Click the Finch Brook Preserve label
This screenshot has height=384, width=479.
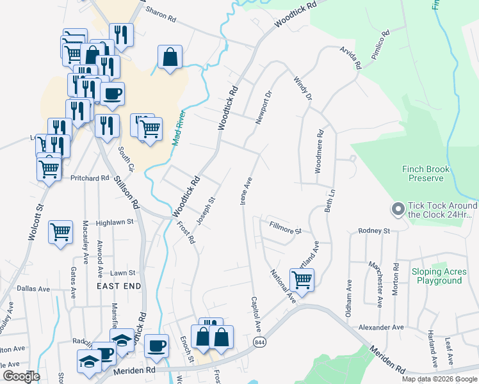click(x=426, y=173)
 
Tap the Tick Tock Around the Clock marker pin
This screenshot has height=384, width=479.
click(x=398, y=209)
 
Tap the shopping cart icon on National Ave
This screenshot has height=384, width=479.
click(x=301, y=279)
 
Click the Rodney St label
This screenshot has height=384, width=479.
click(x=374, y=230)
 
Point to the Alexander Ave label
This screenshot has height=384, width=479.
click(x=380, y=327)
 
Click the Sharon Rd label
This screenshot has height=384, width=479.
click(x=160, y=14)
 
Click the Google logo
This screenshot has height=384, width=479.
click(x=20, y=376)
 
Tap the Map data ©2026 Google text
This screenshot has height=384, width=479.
click(x=439, y=379)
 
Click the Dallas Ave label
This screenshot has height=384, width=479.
click(x=33, y=289)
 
